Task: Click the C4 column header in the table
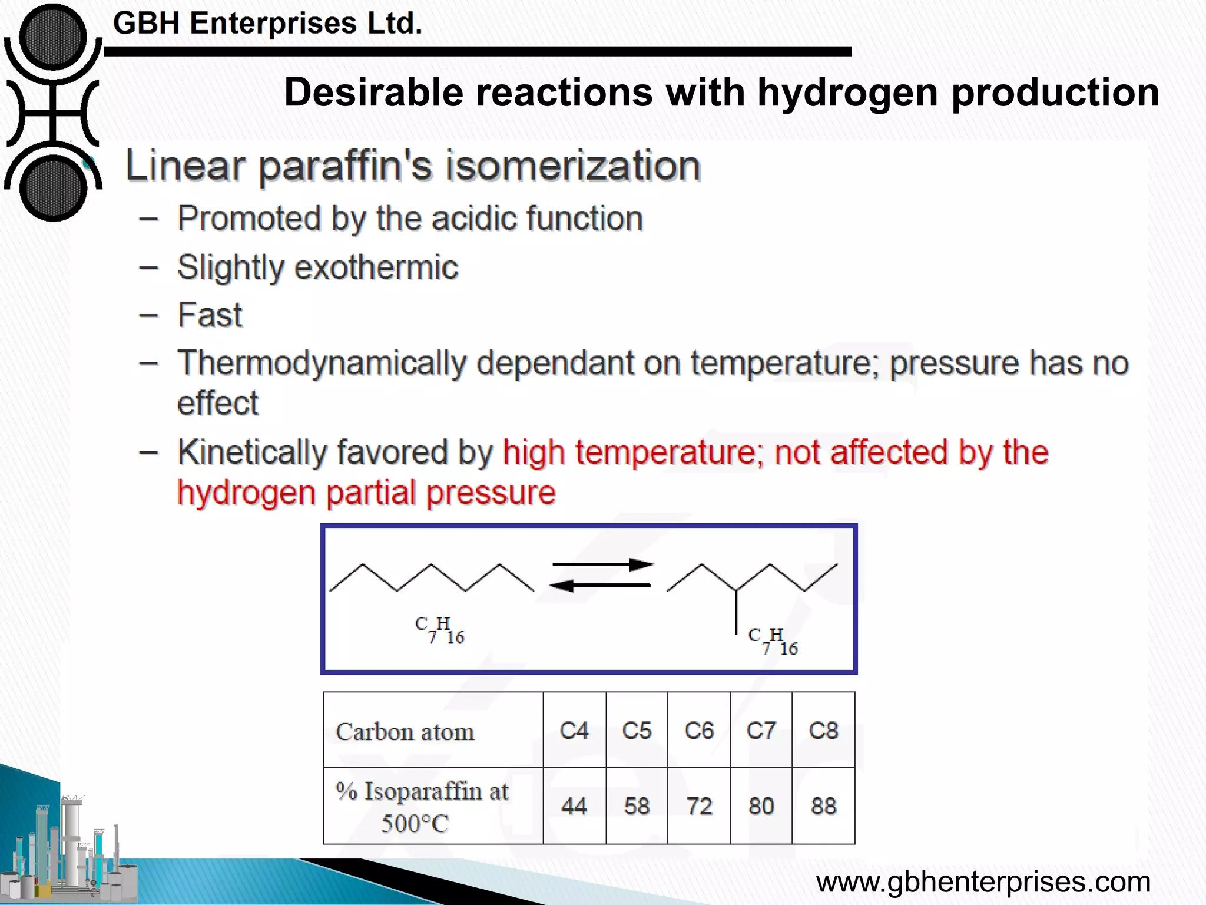pos(574,731)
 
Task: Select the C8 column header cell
pos(823,731)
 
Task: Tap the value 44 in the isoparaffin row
pos(574,805)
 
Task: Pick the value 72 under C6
pos(699,805)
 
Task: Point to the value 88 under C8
pos(823,805)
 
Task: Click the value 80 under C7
pos(761,805)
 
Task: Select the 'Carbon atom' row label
pos(405,732)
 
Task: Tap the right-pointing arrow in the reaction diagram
pos(602,565)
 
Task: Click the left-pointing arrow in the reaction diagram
pos(599,585)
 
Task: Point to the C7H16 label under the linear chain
pos(440,630)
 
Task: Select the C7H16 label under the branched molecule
pos(773,641)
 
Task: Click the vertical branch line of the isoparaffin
pos(736,613)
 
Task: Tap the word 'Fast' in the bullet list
pos(210,315)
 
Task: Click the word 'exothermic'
pos(376,267)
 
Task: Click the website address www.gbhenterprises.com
pos(983,882)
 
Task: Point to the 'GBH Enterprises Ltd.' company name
pos(267,24)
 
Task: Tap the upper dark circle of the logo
pos(53,37)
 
